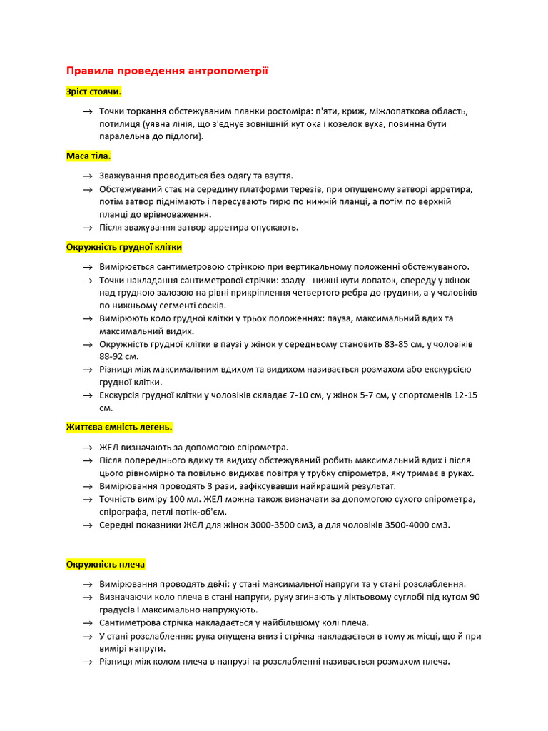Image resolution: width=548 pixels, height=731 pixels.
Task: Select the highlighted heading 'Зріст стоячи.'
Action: (x=93, y=92)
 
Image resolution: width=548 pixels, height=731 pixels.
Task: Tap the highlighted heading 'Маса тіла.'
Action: (x=88, y=156)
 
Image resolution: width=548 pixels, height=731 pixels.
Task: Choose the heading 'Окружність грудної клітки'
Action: (x=124, y=247)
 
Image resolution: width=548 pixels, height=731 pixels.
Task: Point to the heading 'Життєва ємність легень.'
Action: (x=119, y=427)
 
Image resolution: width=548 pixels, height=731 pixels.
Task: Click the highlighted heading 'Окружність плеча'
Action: (x=106, y=564)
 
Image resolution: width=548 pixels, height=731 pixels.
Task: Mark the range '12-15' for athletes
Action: (x=465, y=395)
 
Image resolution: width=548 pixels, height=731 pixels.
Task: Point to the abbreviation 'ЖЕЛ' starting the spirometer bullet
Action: (x=110, y=448)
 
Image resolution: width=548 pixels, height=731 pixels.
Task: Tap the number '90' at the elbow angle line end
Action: (x=474, y=597)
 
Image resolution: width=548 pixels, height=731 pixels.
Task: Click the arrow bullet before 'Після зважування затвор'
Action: (x=87, y=228)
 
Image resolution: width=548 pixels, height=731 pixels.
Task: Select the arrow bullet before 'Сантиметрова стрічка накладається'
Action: (x=87, y=623)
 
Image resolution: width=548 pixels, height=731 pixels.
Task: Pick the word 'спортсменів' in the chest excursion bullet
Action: (x=420, y=395)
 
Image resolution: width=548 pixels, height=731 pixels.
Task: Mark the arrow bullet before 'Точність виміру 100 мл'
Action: (x=87, y=499)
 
